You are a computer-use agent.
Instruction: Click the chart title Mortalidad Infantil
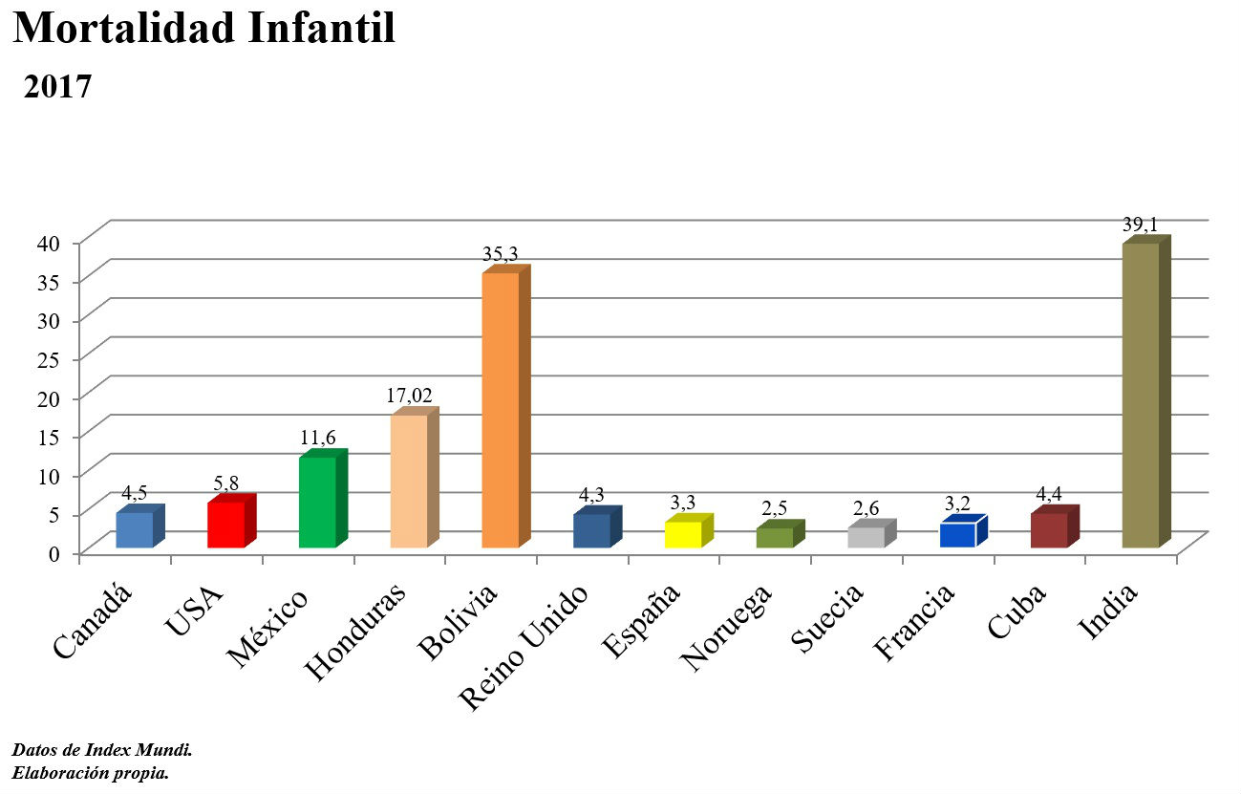[204, 29]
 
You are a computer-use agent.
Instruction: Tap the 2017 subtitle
[57, 87]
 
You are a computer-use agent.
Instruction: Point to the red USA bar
[226, 525]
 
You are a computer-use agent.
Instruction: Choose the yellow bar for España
[683, 534]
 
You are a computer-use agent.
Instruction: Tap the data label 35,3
[500, 254]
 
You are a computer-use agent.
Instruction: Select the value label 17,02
[409, 396]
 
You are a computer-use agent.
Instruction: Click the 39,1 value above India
[1141, 225]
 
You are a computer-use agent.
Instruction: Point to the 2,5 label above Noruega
[774, 507]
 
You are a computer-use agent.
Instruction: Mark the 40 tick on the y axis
[49, 243]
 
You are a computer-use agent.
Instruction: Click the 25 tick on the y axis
[49, 359]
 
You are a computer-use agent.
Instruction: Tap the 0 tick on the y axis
[55, 552]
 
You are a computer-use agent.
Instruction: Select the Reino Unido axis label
[525, 648]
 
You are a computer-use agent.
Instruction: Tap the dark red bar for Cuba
[1049, 530]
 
